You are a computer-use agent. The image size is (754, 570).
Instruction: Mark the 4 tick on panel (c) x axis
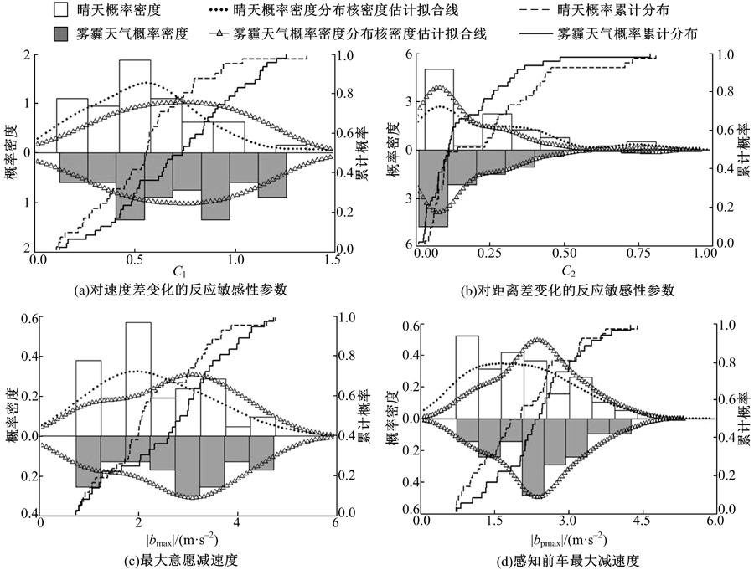point(236,523)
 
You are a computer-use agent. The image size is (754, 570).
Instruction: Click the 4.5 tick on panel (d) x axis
point(642,521)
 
